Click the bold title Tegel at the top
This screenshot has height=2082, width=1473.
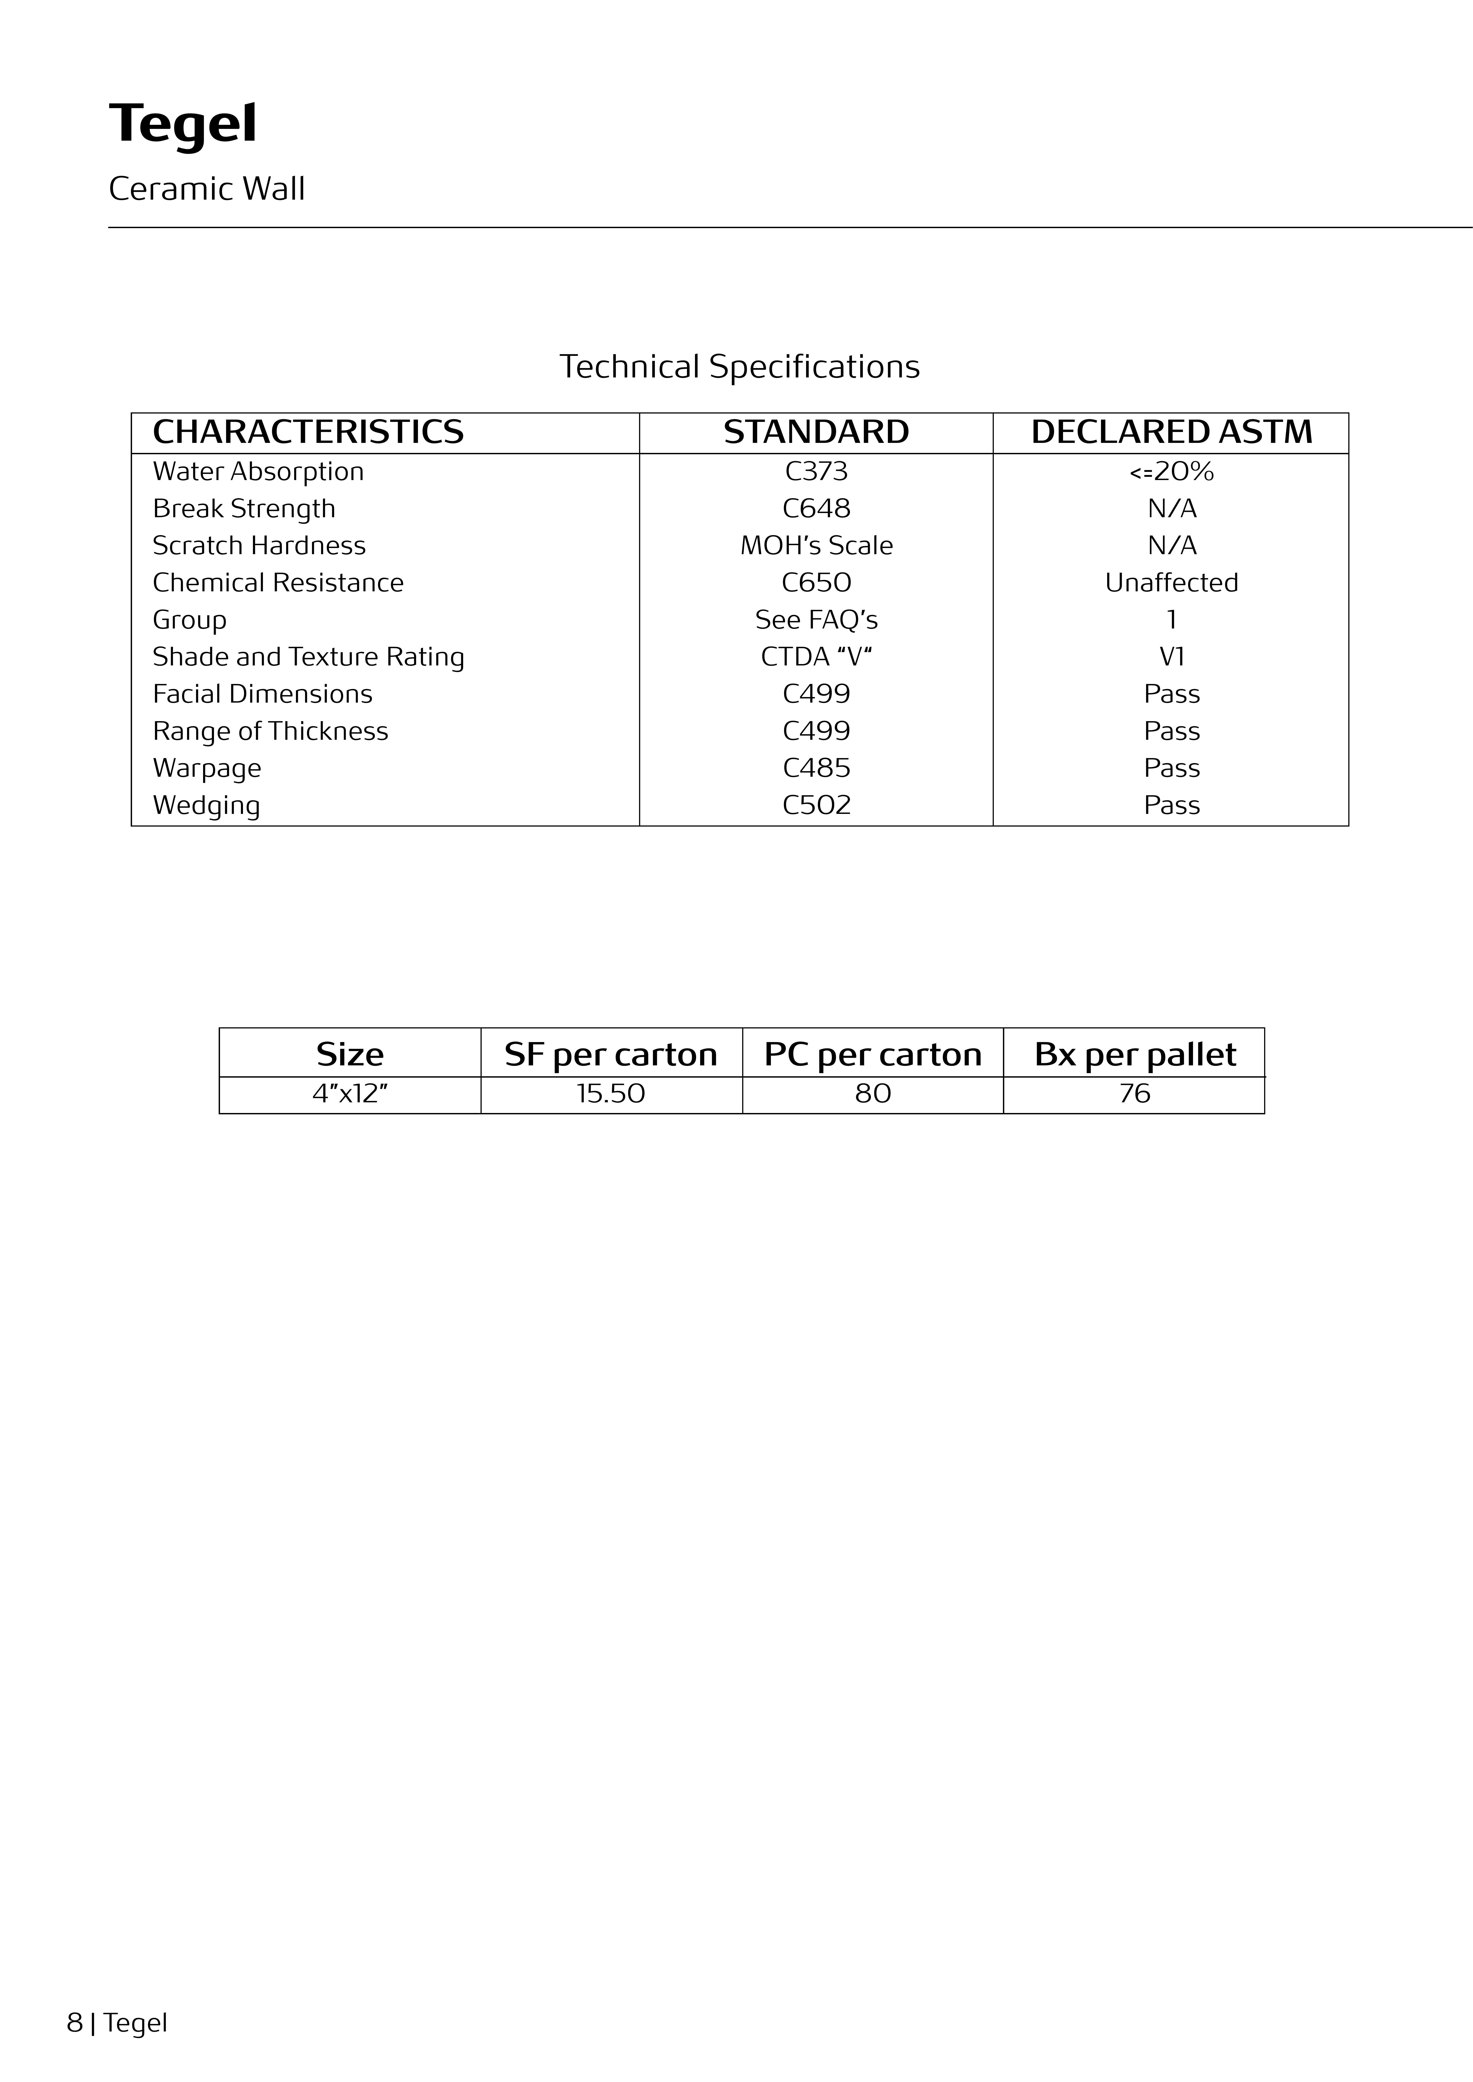point(183,124)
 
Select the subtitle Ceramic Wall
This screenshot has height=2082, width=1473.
point(207,189)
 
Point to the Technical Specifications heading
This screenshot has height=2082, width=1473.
point(739,366)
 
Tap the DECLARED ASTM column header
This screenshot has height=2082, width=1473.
point(1171,433)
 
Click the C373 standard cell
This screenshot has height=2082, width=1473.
point(816,472)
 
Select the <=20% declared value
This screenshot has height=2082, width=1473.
point(1171,472)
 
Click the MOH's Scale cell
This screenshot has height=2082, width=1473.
point(816,546)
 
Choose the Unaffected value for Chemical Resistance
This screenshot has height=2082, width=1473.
point(1171,583)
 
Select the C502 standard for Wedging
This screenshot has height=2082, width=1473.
point(816,805)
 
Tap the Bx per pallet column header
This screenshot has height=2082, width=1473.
point(1135,1055)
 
